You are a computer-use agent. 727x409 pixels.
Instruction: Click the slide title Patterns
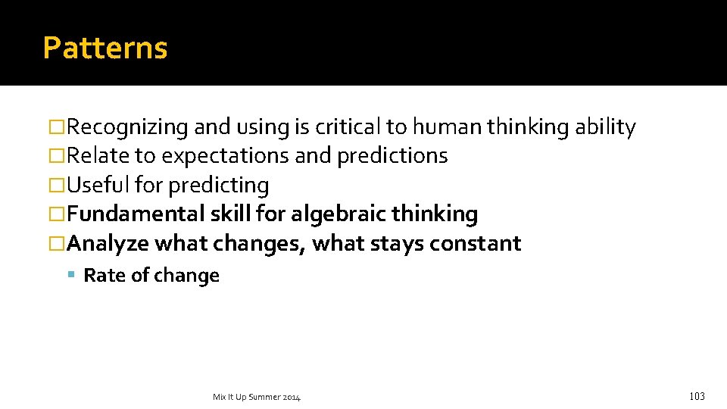click(x=105, y=48)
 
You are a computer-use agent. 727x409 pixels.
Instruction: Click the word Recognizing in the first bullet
click(x=127, y=127)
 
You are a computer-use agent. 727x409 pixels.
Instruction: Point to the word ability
click(x=605, y=127)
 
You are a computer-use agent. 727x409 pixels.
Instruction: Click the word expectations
click(x=225, y=156)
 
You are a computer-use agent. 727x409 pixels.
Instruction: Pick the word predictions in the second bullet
click(x=392, y=156)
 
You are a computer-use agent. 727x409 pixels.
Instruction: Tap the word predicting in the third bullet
click(x=219, y=185)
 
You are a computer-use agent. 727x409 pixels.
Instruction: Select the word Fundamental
click(x=135, y=214)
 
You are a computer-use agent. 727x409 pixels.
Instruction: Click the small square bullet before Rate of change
click(x=72, y=276)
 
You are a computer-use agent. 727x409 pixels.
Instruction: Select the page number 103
click(x=697, y=396)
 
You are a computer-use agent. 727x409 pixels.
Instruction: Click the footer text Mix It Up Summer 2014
click(x=256, y=397)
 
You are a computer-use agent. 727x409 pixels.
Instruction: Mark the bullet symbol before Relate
click(x=57, y=156)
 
